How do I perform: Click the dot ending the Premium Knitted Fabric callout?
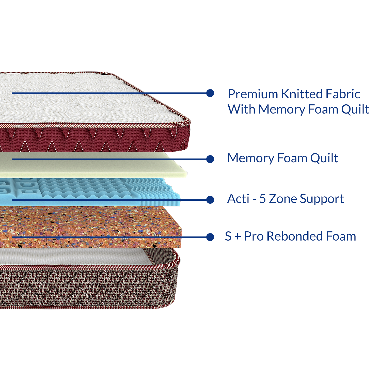click(210, 93)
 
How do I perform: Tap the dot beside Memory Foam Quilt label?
click(210, 159)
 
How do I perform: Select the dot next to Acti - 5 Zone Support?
click(210, 200)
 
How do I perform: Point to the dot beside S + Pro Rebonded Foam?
click(210, 237)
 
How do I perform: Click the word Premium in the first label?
click(253, 94)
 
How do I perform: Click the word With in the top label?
click(242, 109)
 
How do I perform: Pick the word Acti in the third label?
click(238, 199)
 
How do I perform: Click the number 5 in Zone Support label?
click(262, 199)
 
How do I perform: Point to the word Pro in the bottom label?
click(254, 236)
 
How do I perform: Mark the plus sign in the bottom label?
click(238, 237)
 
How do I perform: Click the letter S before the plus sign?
click(228, 236)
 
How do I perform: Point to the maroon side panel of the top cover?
click(94, 138)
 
